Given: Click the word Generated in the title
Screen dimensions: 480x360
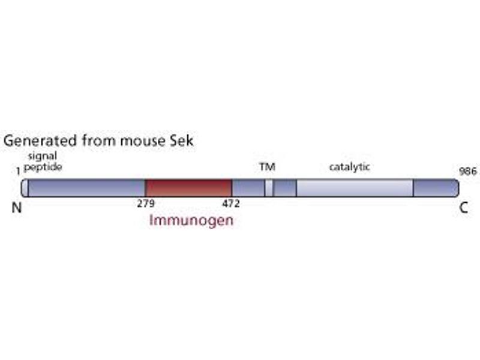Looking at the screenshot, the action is click(x=40, y=141).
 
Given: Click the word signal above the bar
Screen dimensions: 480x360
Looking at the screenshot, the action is click(x=43, y=157).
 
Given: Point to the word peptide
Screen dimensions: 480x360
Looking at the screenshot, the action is click(x=43, y=167).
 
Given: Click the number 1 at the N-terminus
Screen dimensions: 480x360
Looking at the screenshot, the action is click(x=19, y=171).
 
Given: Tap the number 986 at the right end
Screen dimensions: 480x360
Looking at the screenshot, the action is click(x=468, y=171).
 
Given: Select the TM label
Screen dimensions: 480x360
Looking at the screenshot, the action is click(x=267, y=167).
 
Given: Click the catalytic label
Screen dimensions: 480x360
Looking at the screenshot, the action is click(x=349, y=167).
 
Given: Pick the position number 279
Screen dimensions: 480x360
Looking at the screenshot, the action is click(x=146, y=203).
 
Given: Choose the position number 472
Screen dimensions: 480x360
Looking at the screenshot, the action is click(x=231, y=203).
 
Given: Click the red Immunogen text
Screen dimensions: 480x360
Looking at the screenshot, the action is click(x=191, y=220).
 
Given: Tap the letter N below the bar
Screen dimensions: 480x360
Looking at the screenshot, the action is click(x=17, y=208).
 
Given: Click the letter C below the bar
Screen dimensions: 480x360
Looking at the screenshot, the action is click(x=463, y=208).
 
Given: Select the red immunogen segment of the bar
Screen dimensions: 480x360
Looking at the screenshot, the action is click(x=188, y=188).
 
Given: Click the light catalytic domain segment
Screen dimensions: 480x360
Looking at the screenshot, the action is click(x=355, y=188).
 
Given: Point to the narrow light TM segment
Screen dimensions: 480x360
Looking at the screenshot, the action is click(x=269, y=188).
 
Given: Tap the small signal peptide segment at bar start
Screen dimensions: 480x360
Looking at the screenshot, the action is click(x=25, y=188).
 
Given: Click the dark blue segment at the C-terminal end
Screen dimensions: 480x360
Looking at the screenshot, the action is click(x=436, y=188).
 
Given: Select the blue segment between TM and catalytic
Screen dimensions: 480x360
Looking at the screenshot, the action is click(x=284, y=188).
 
